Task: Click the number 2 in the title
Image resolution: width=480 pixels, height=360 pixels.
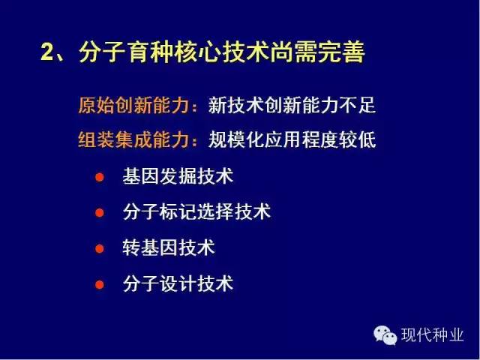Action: click(47, 51)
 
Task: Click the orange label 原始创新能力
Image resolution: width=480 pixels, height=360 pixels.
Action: click(133, 105)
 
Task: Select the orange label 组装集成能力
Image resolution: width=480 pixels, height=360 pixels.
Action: click(133, 140)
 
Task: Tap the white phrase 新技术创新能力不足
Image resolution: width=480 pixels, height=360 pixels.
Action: click(292, 105)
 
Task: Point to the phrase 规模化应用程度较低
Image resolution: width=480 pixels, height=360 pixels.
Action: click(292, 140)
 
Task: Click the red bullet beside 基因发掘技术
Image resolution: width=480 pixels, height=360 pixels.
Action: click(100, 177)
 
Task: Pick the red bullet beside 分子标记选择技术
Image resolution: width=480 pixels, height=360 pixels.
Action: click(100, 212)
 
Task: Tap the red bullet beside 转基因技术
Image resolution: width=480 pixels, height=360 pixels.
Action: click(100, 248)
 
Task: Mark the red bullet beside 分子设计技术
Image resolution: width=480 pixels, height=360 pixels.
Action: click(100, 284)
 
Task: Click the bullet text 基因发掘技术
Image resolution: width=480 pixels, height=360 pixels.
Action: click(178, 176)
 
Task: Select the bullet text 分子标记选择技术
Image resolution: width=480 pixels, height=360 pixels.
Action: click(196, 211)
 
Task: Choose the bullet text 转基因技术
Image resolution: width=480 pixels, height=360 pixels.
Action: click(169, 247)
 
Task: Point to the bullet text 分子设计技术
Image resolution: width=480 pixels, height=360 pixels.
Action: click(178, 283)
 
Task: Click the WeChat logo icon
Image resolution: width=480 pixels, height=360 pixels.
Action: click(385, 335)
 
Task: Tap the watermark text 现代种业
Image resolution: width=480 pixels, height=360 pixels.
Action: click(432, 335)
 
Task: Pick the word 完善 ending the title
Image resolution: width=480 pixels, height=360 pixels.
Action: click(341, 52)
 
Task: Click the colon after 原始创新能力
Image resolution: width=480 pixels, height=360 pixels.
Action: click(194, 107)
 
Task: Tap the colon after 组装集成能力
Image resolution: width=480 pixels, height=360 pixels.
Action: click(194, 142)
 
